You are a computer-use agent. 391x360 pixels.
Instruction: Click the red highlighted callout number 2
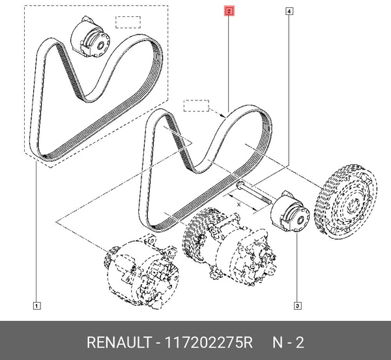click(x=229, y=12)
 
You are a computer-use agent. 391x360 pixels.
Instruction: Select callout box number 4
click(x=288, y=12)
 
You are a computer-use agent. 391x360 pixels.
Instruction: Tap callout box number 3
click(x=297, y=305)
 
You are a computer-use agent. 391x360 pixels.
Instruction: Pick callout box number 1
click(x=36, y=305)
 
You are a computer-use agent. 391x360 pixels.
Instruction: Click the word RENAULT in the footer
click(x=115, y=342)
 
